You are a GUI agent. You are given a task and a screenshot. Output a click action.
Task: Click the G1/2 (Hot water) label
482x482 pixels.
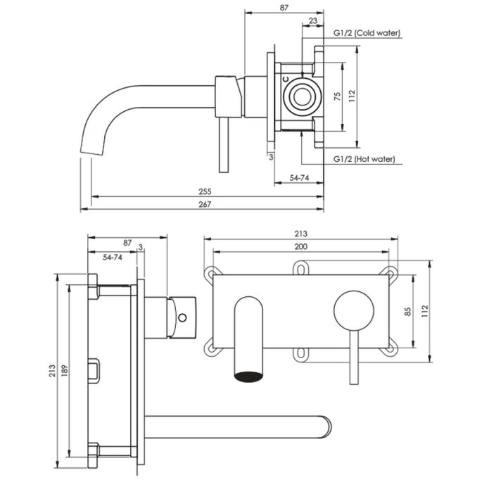point(364,159)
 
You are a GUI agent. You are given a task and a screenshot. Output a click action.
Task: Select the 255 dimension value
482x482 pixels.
point(205,191)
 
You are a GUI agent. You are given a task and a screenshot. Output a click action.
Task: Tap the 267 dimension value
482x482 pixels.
point(205,204)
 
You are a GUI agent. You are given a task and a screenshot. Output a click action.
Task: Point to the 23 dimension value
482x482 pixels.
point(312,21)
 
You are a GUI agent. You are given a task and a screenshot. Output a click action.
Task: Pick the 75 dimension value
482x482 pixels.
point(337,96)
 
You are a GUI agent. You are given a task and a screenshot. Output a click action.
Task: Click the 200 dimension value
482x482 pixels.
point(300,246)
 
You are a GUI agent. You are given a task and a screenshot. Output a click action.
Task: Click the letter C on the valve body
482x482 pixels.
point(285,80)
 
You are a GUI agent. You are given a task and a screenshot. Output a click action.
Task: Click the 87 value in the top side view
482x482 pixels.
point(283,8)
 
